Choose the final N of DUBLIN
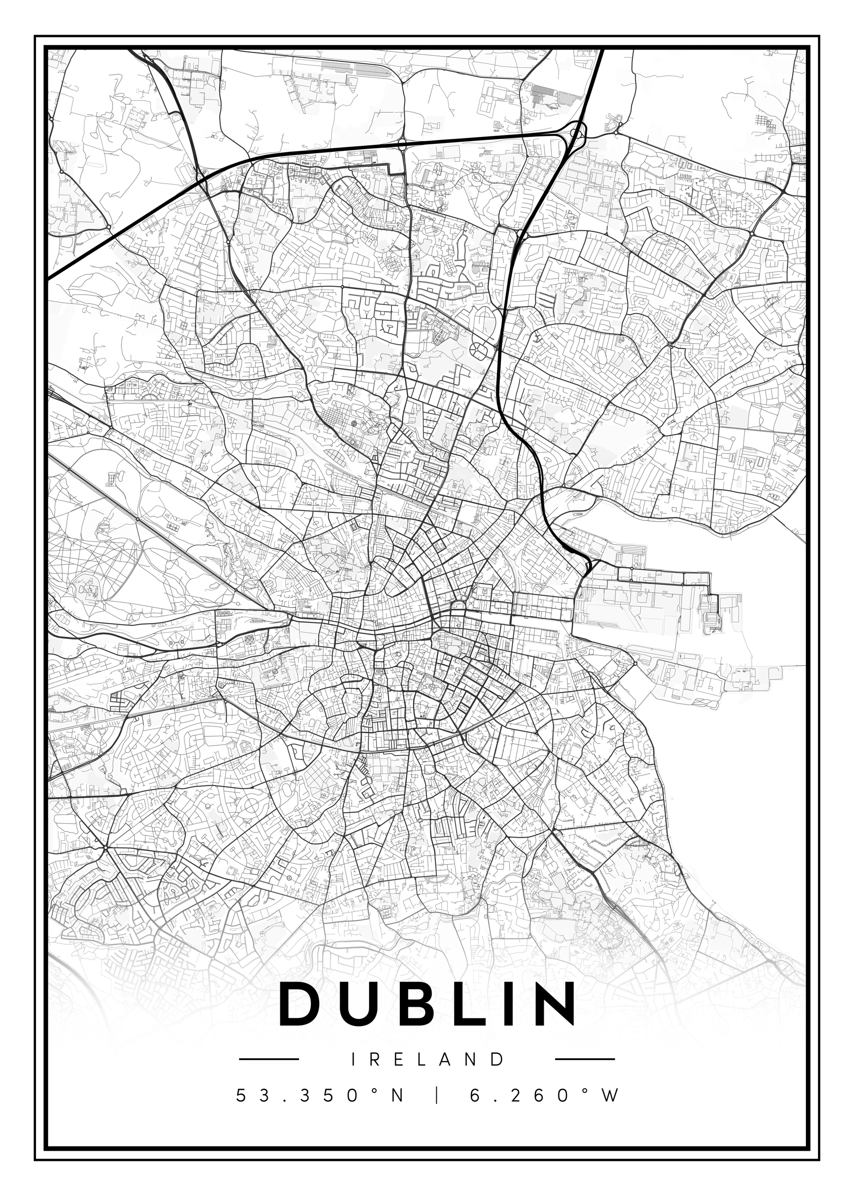coord(553,1004)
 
